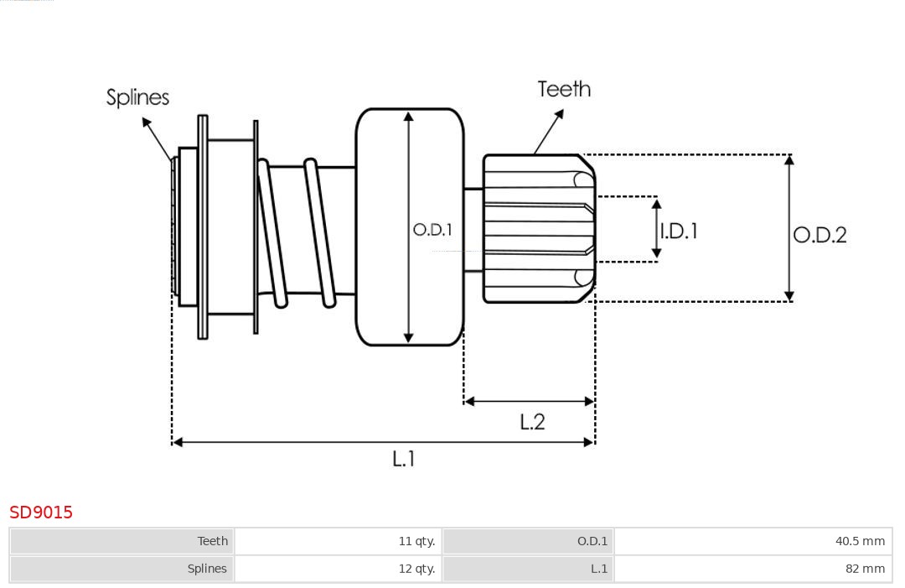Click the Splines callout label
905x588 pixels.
[137, 97]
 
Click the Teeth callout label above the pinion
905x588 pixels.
[564, 89]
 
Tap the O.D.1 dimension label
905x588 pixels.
[432, 230]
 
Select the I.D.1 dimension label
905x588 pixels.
[679, 231]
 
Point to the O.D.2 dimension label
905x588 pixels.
[820, 235]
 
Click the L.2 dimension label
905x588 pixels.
[531, 422]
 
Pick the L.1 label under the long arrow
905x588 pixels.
[403, 459]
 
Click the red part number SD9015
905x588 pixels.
[41, 513]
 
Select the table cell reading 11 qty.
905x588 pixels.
[339, 541]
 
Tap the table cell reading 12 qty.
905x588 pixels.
[339, 569]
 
